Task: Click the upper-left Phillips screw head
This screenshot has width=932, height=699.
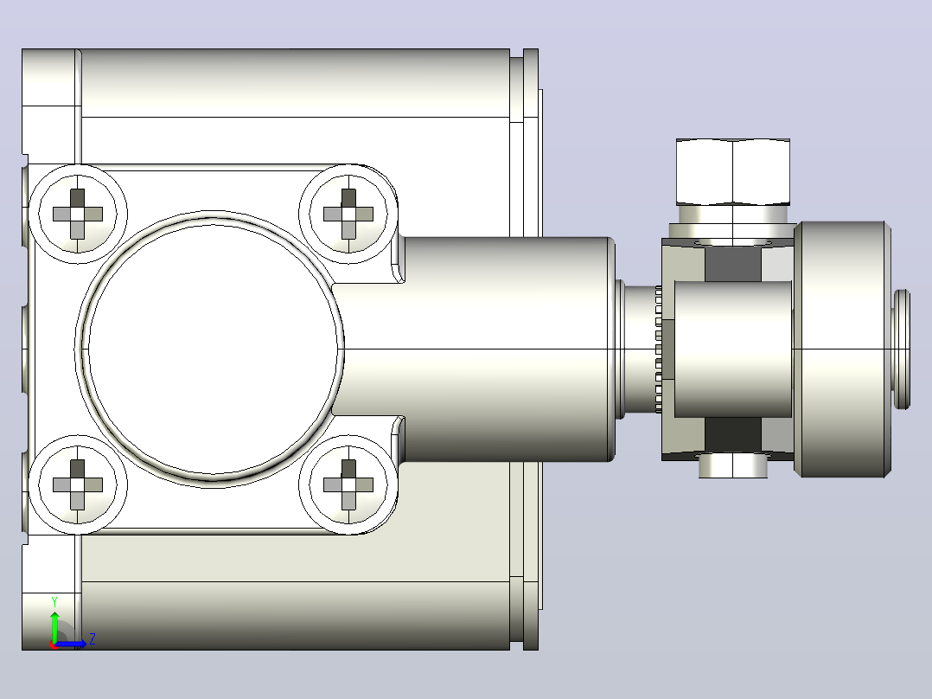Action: [78, 215]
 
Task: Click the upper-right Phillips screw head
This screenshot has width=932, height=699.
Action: [348, 215]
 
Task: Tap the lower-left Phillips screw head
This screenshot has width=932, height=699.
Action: [78, 484]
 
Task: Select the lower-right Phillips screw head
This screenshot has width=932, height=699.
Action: [348, 484]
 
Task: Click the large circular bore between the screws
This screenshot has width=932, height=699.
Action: [211, 349]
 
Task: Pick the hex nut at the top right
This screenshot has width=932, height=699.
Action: [733, 172]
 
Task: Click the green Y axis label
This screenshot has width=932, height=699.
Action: [54, 602]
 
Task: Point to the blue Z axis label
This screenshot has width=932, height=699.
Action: [93, 639]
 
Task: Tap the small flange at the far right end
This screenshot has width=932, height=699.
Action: [902, 349]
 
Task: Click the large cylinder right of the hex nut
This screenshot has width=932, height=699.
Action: [842, 349]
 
